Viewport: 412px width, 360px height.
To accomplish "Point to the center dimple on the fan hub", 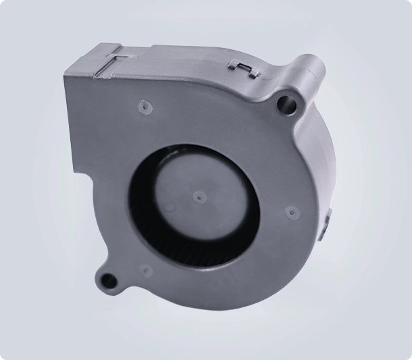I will (198, 197).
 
